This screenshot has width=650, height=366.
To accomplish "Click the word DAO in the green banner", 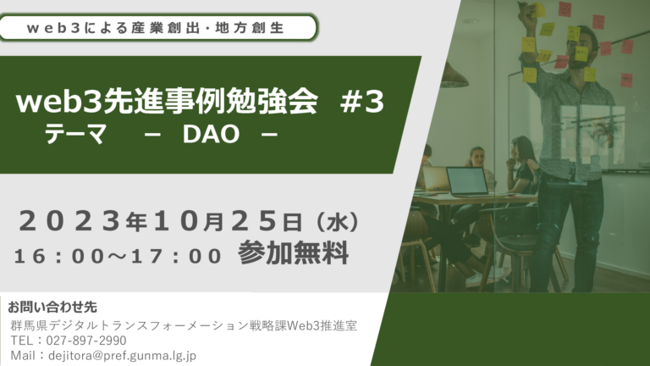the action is pyautogui.click(x=211, y=134).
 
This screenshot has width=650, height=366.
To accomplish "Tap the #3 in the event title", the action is pyautogui.click(x=362, y=102).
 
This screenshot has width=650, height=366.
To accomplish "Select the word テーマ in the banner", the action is pyautogui.click(x=75, y=134).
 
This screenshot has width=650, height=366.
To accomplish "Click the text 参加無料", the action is pyautogui.click(x=293, y=252).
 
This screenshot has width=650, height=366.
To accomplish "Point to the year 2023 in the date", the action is pyautogui.click(x=69, y=221).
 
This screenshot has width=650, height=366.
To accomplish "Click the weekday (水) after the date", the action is pyautogui.click(x=337, y=223).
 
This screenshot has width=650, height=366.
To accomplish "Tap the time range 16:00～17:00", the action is pyautogui.click(x=118, y=256).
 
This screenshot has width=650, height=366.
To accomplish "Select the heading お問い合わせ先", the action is pyautogui.click(x=52, y=307).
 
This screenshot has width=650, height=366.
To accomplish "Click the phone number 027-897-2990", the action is pyautogui.click(x=86, y=341).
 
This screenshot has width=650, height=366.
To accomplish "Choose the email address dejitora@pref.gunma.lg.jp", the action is pyautogui.click(x=122, y=356).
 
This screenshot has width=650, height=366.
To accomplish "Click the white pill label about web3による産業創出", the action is pyautogui.click(x=158, y=28).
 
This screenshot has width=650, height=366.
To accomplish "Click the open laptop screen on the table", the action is pyautogui.click(x=467, y=181).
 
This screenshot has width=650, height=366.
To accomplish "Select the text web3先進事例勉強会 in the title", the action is pyautogui.click(x=167, y=102).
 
